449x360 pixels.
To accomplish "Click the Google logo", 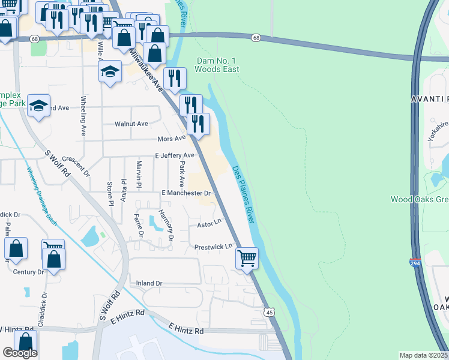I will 20,353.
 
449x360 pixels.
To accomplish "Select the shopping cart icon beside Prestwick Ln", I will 247,259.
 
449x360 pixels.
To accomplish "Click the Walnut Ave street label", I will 131,124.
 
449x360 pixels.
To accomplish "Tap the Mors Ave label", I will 171,138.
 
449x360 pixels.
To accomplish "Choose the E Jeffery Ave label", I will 175,155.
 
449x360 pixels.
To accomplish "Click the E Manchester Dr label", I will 187,193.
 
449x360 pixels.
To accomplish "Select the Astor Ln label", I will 209,224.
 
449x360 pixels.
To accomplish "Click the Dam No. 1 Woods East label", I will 218,65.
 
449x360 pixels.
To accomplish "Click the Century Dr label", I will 29,272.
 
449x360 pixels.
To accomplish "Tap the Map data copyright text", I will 424,355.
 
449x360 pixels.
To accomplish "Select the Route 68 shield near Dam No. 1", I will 256,38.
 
